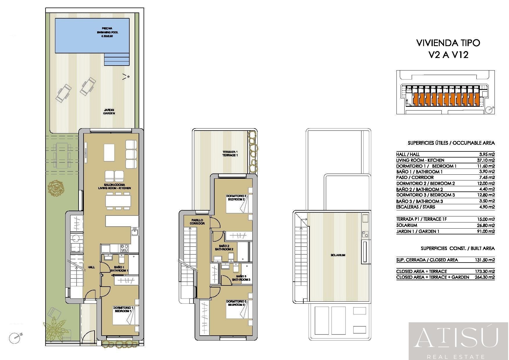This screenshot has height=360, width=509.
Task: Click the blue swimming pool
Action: tap(92, 36)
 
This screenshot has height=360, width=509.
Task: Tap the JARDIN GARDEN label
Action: tap(109, 111)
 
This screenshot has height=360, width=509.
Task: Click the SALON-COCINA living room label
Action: tap(114, 186)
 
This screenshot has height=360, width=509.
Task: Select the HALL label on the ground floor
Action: tap(91, 267)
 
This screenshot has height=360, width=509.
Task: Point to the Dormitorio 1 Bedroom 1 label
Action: tap(123, 309)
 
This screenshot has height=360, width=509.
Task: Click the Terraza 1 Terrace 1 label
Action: tap(230, 153)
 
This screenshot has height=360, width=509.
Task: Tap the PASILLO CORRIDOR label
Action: tap(197, 222)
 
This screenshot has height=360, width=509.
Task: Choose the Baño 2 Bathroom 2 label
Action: tap(224, 247)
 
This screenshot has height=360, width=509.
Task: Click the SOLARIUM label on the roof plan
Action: tap(338, 255)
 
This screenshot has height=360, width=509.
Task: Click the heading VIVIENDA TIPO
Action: tap(448, 43)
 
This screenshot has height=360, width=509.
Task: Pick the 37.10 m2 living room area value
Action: tap(487, 160)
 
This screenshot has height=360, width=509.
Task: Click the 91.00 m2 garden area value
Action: tap(487, 231)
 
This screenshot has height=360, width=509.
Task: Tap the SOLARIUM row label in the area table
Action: tap(407, 225)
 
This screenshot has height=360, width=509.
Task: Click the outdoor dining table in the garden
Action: tap(62, 155)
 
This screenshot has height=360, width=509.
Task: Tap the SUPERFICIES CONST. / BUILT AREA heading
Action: tap(458, 248)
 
